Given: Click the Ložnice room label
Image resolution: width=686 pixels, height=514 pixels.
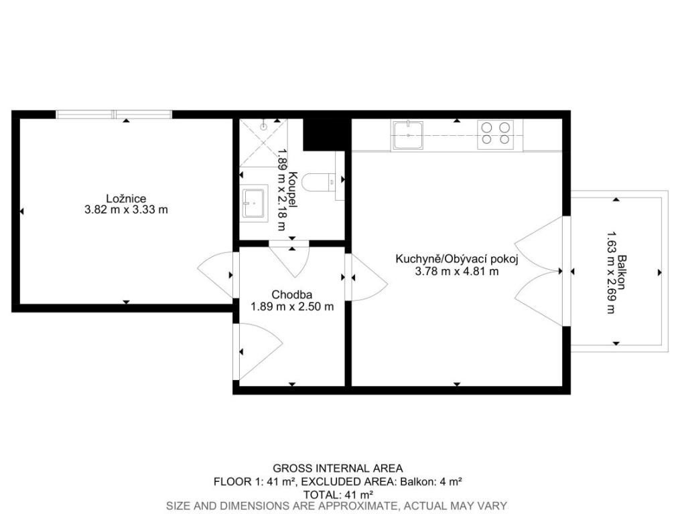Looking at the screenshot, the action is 126,198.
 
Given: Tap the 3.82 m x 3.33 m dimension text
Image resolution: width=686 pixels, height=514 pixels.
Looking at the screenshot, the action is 126,209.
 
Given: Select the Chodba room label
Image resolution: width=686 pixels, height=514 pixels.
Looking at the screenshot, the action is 292,295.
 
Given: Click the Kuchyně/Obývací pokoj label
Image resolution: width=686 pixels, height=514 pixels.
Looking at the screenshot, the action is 457,259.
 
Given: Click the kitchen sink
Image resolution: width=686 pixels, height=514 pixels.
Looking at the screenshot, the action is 408,135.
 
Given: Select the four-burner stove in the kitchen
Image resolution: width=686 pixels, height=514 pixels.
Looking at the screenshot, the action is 495,134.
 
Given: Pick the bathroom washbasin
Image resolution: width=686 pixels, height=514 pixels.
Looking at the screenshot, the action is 254,203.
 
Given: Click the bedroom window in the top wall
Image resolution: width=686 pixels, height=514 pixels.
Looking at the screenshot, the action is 114,114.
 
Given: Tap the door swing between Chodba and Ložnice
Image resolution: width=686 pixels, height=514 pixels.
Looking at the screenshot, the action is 215,275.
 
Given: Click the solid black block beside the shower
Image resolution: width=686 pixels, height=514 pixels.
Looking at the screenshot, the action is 327,134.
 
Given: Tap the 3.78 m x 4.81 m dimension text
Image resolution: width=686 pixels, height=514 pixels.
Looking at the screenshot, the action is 457,272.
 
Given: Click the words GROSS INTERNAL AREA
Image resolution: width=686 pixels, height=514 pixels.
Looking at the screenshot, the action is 338,468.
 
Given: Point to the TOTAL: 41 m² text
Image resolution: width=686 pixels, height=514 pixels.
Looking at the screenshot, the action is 338,495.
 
